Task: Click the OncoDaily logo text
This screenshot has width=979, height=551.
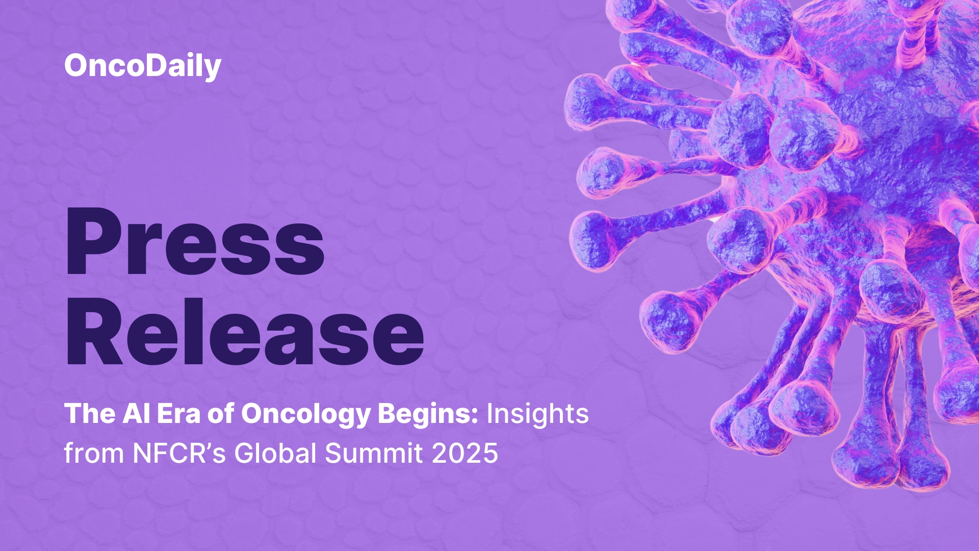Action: [143, 66]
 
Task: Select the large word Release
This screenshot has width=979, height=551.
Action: [245, 333]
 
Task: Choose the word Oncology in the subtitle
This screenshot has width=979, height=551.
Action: [305, 414]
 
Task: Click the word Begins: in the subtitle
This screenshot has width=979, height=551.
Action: [428, 414]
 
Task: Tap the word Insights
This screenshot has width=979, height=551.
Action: [537, 414]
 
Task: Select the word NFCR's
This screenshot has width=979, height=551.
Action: [179, 453]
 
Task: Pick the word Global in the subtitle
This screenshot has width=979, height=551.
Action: [275, 453]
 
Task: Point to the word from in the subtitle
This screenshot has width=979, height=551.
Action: [94, 453]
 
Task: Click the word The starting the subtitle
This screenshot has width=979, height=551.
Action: [90, 413]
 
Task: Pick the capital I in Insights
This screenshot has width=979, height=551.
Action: [490, 413]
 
